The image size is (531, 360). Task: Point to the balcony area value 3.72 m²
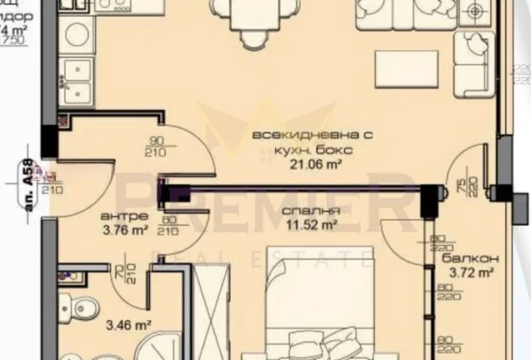pos(471,273)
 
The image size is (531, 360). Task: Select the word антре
pos(118,215)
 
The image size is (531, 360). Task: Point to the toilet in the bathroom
pos(84,307)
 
